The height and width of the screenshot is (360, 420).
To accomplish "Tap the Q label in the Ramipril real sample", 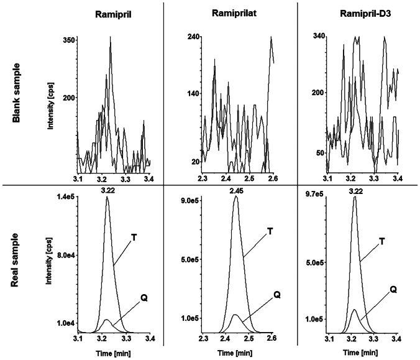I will (144, 297).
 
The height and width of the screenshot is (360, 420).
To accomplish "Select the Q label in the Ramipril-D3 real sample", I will (395, 289).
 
